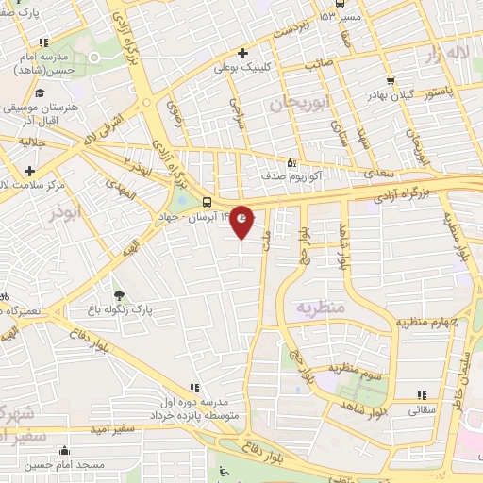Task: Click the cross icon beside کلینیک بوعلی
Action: pos(243,53)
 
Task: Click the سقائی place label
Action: pos(421,410)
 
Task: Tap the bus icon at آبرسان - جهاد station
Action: pos(207,201)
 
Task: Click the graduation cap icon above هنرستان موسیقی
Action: pos(40,94)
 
